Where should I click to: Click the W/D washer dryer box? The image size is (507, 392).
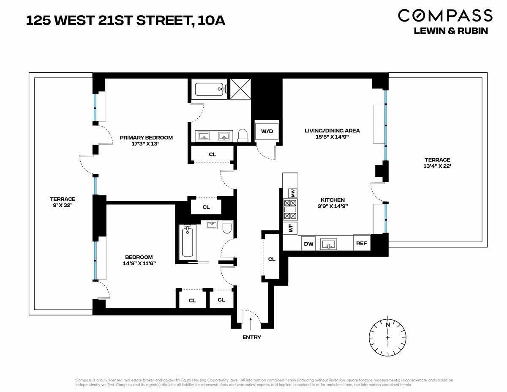(x=267, y=132)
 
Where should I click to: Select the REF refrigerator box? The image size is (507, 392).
(x=361, y=244)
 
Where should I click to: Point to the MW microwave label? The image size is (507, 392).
(x=292, y=193)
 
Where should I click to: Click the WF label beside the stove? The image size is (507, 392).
(x=291, y=228)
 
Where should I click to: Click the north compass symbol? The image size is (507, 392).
(x=387, y=337)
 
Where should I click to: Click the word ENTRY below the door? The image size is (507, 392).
(x=252, y=337)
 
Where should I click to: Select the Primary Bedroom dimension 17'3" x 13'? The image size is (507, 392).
(x=146, y=144)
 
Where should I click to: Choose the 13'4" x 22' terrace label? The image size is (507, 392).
(x=437, y=166)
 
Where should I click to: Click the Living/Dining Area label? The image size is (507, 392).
(x=332, y=130)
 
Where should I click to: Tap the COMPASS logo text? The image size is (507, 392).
(x=445, y=16)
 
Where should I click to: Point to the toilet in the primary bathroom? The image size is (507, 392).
(x=243, y=135)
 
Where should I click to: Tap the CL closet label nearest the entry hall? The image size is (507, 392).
(x=272, y=259)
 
